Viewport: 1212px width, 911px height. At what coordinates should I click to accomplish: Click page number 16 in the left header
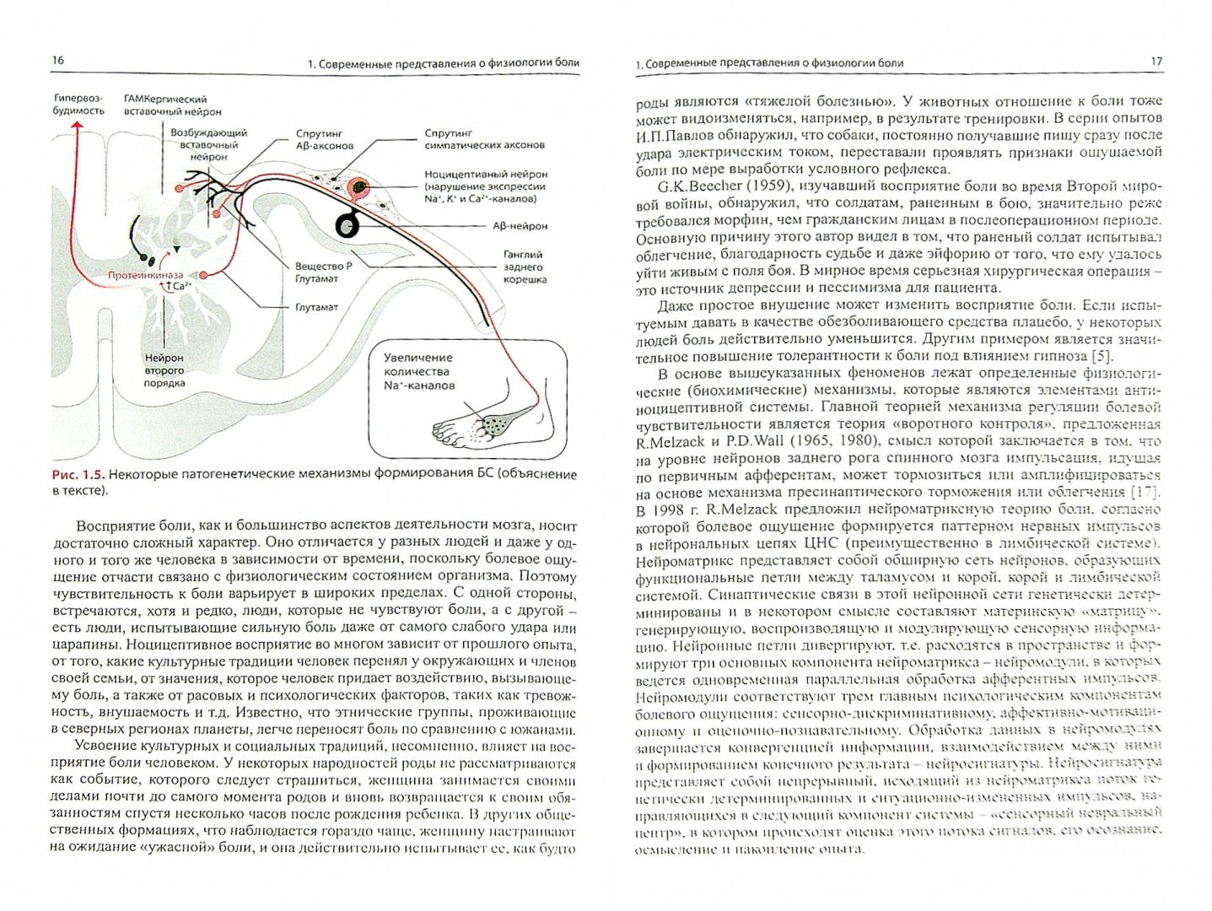(x=57, y=60)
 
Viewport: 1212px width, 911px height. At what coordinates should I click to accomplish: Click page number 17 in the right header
(x=1155, y=62)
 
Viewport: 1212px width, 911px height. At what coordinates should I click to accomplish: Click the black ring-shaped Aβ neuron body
(x=348, y=225)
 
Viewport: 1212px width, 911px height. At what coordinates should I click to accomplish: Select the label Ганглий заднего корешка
(x=524, y=267)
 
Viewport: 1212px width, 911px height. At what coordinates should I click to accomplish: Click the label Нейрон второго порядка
(x=164, y=370)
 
